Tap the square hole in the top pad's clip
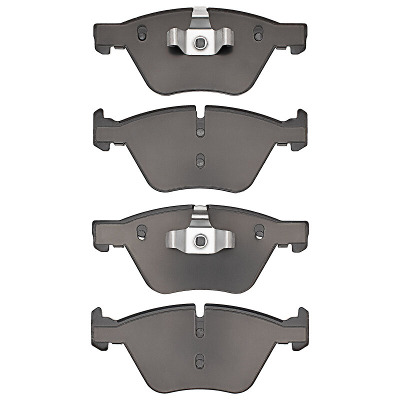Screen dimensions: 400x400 coord(200,42)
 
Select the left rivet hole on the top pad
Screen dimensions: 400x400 coord(141,33)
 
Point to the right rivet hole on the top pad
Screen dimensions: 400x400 coord(258,33)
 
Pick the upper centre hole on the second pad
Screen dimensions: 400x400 coord(200,131)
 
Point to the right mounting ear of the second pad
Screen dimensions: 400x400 coord(299,129)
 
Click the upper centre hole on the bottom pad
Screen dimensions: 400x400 coord(200,330)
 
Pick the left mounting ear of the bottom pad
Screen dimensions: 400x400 coord(100,328)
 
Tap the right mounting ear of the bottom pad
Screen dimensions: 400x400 coord(299,328)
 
